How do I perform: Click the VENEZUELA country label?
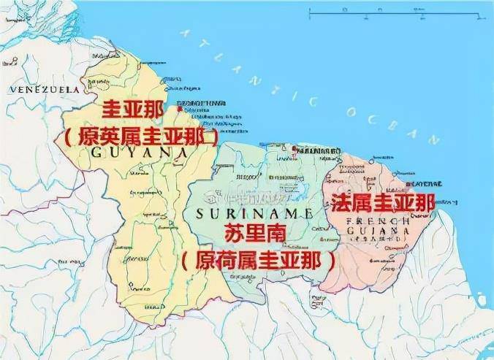[43, 89]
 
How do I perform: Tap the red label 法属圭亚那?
[383, 202]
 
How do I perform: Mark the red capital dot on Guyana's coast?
[179, 110]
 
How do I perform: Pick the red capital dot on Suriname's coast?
[293, 150]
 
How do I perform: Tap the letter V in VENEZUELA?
[12, 89]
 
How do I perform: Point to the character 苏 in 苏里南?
[234, 235]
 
